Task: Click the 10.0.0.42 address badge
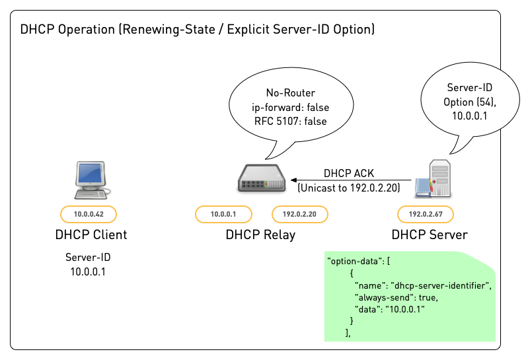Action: click(x=88, y=214)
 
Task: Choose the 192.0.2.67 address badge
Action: click(x=425, y=214)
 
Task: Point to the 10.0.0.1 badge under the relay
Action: click(x=223, y=214)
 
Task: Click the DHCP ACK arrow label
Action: click(x=348, y=174)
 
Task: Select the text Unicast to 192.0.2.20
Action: click(x=348, y=188)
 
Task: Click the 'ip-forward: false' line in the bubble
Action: click(x=290, y=107)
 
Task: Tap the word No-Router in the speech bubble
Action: click(x=290, y=93)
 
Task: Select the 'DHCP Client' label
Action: click(x=91, y=234)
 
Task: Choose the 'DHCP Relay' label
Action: click(x=260, y=234)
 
